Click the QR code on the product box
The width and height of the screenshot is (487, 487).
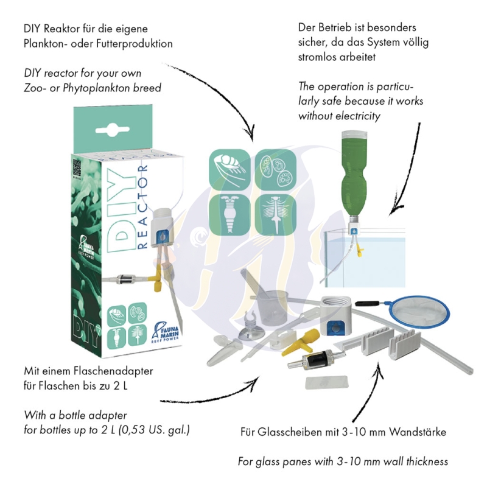[77, 169]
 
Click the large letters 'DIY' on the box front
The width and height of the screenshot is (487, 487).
[122, 211]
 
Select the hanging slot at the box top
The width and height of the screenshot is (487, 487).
[113, 129]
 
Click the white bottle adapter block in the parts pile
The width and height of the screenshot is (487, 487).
[336, 315]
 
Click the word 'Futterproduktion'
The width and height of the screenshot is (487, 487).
[135, 43]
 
